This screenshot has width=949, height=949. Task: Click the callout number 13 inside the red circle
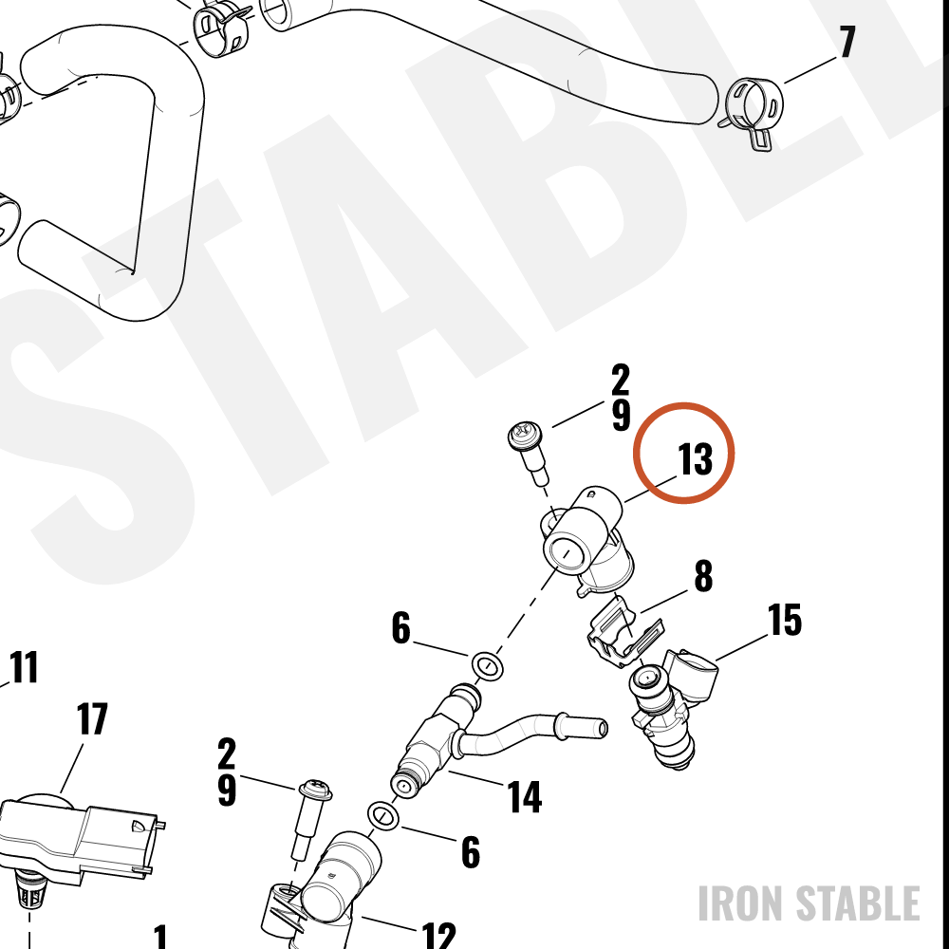click(x=695, y=458)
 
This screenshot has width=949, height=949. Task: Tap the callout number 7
click(x=847, y=42)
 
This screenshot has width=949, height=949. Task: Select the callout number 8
click(x=703, y=576)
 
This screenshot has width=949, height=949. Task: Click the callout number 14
click(x=524, y=796)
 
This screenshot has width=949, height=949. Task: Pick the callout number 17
click(x=93, y=718)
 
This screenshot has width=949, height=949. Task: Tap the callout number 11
click(x=25, y=667)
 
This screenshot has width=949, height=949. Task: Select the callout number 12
click(x=438, y=936)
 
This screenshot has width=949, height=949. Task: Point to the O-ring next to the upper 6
click(x=487, y=666)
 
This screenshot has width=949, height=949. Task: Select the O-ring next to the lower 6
click(x=383, y=816)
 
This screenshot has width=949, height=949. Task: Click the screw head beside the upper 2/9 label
click(x=525, y=436)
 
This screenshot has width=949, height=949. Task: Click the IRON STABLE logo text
click(x=809, y=903)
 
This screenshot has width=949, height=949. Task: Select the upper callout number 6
click(x=400, y=627)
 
